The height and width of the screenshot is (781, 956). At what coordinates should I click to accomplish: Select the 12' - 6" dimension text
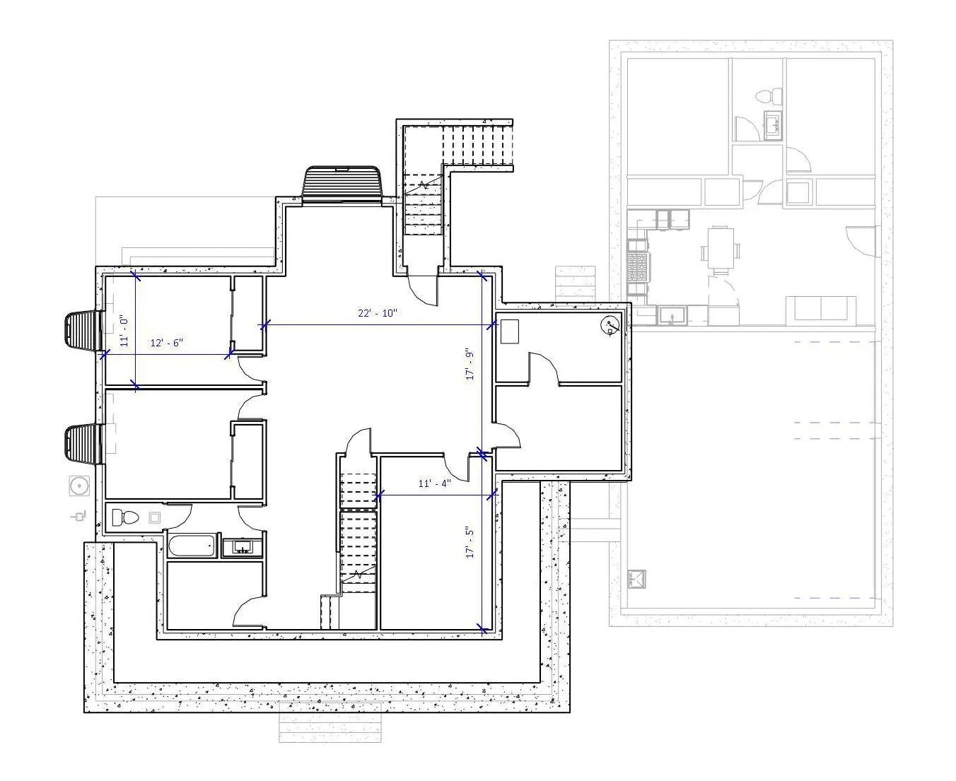[166, 343]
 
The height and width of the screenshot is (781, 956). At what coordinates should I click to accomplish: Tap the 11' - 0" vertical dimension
[124, 331]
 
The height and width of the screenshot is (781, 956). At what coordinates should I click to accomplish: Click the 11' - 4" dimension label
[434, 483]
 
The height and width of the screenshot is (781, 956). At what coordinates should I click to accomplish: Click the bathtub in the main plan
[192, 546]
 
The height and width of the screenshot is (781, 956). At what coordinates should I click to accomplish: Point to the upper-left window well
[82, 331]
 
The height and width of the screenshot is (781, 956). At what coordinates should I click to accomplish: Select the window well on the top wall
[343, 184]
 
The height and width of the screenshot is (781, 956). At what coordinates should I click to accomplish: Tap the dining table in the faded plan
[721, 248]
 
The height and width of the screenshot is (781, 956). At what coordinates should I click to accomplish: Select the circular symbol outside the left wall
[79, 486]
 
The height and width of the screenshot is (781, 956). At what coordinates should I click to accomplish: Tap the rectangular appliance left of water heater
[509, 331]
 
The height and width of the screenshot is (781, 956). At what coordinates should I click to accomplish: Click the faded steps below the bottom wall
[330, 722]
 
